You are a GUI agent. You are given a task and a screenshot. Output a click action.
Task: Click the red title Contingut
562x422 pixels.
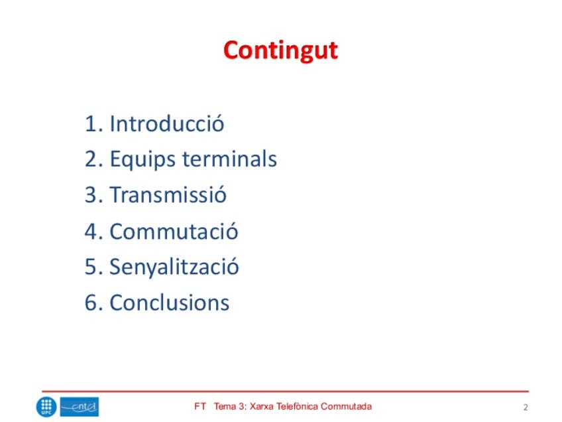pyautogui.click(x=280, y=50)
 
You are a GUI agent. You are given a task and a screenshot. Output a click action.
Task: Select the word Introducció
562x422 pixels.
pyautogui.click(x=167, y=123)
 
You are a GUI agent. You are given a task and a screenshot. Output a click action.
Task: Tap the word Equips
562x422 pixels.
pyautogui.click(x=142, y=160)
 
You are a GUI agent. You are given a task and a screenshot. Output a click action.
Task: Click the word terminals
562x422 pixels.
pyautogui.click(x=230, y=158)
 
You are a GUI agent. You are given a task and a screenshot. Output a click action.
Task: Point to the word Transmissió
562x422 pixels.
pyautogui.click(x=168, y=194)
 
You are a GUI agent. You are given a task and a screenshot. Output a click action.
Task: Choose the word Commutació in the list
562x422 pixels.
pyautogui.click(x=174, y=231)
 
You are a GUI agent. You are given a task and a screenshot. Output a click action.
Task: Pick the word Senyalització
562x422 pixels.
pyautogui.click(x=174, y=267)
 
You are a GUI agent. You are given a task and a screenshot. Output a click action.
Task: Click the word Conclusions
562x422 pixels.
pyautogui.click(x=170, y=303)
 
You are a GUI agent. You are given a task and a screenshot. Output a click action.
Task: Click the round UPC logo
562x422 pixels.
pyautogui.click(x=46, y=407)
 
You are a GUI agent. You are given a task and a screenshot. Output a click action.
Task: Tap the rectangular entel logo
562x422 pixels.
pyautogui.click(x=80, y=407)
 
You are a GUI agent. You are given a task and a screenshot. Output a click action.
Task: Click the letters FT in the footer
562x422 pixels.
pyautogui.click(x=200, y=407)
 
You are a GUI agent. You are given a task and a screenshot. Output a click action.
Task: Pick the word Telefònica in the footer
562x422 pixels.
pyautogui.click(x=297, y=407)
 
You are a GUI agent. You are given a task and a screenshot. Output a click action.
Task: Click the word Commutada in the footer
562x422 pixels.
pyautogui.click(x=346, y=407)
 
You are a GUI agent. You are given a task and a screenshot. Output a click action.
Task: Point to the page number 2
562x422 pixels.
pyautogui.click(x=526, y=407)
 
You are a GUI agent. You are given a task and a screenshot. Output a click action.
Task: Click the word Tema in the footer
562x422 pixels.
pyautogui.click(x=225, y=407)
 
